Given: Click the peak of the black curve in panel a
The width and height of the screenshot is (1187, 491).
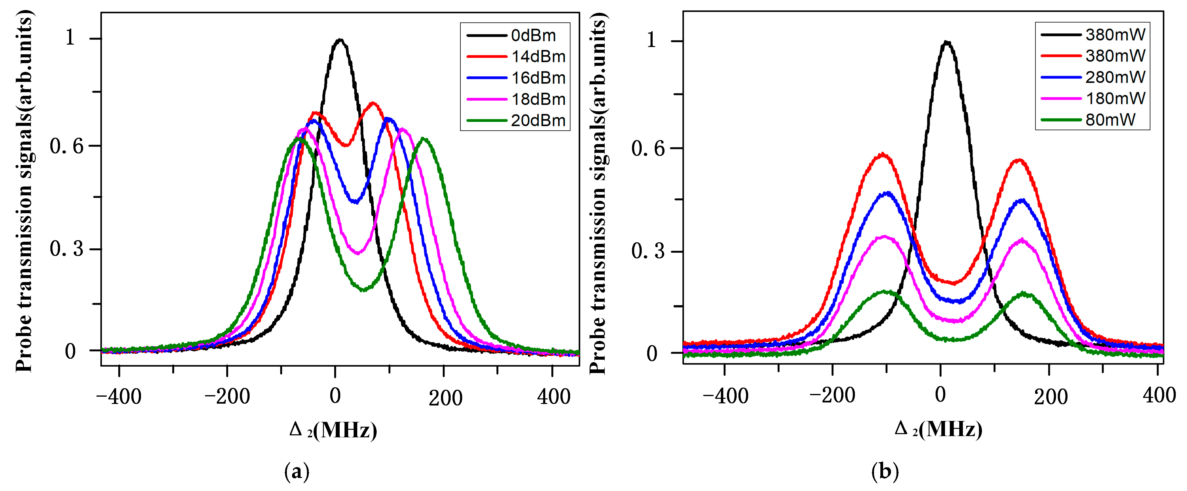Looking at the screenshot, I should (x=340, y=40).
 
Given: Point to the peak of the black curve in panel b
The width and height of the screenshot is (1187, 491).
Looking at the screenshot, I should (x=947, y=42).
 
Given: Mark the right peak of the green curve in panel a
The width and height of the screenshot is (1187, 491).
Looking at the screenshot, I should (x=423, y=139).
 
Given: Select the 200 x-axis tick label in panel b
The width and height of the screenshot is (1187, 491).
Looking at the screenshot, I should (x=1051, y=396).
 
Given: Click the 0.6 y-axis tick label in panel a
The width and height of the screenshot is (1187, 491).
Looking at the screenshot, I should (x=67, y=146).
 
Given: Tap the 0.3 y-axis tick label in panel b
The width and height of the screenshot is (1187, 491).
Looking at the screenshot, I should (x=648, y=251).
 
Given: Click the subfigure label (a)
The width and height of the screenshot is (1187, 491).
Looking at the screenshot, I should (x=297, y=472).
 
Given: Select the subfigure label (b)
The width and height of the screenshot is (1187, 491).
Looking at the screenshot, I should (x=885, y=472).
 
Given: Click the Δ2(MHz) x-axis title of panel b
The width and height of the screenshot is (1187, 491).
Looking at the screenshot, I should (x=938, y=429).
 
